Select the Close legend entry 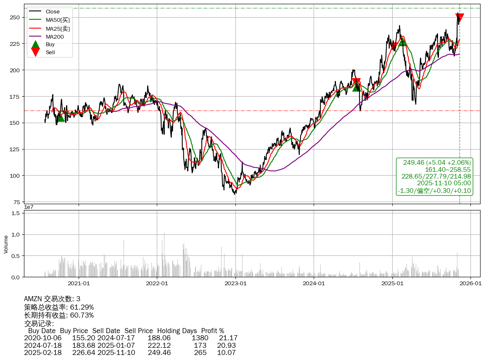click(x=53, y=12)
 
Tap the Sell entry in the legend click(x=50, y=53)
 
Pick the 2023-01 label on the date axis click(x=235, y=284)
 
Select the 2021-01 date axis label click(x=79, y=284)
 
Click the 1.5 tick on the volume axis click(x=16, y=213)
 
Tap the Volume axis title click(x=6, y=244)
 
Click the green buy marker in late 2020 click(x=61, y=118)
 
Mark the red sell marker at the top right click(x=460, y=18)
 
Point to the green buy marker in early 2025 click(x=402, y=42)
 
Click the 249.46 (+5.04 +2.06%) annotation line click(x=437, y=163)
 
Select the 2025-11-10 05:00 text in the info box click(x=444, y=183)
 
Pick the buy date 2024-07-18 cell click(x=43, y=345)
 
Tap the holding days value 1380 click(x=200, y=338)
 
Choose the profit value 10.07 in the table click(x=226, y=352)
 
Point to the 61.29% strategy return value click(x=82, y=307)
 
